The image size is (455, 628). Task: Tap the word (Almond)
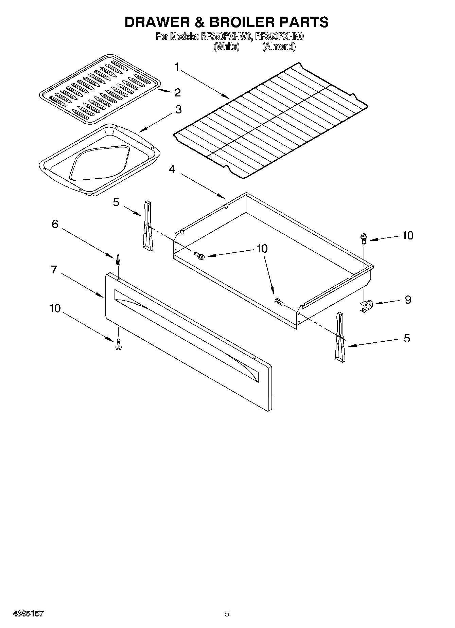coord(278,47)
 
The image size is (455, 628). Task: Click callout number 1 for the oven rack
coord(176,67)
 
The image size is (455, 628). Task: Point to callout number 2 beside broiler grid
coord(177,92)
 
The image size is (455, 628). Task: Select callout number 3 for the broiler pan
coord(178,109)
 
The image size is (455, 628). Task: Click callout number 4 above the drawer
coord(172,169)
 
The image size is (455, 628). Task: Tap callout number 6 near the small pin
coord(55,224)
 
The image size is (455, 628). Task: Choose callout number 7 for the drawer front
coord(54,269)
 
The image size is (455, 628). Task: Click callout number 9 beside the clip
coord(408,300)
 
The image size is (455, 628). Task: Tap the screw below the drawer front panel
coord(118,344)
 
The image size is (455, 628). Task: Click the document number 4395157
coord(29,613)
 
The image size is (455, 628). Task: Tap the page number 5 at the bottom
coord(227,613)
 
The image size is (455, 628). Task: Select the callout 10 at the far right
coord(407,235)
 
